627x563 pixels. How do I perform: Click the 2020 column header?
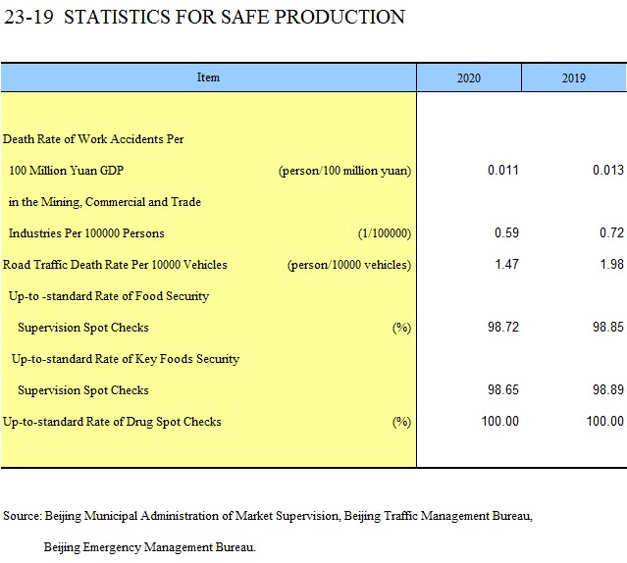coord(469,77)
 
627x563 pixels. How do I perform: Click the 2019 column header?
coord(573,77)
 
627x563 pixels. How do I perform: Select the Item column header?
coord(208,77)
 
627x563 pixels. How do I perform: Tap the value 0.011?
coord(503,171)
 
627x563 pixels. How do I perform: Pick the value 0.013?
coord(608,171)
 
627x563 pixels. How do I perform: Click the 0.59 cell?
coord(506,233)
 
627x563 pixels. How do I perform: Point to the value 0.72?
coord(612,233)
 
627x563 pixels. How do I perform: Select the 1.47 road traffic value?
coord(506,264)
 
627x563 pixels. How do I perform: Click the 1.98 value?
coord(612,264)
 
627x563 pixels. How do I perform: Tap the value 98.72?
coord(503,327)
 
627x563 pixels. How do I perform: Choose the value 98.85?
coord(608,327)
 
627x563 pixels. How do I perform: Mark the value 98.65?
coord(503,389)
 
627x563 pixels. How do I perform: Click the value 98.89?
coord(608,389)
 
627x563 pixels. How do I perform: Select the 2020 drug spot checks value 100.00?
coord(499,421)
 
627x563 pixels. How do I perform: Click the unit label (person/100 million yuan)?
coord(344,171)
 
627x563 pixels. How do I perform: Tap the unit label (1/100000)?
coord(385,233)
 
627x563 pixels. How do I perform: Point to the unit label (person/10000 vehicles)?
coord(349,265)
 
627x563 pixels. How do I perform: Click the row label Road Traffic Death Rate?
coord(115,265)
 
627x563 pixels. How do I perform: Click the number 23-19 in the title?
coord(28,18)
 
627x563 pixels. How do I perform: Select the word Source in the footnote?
coord(22,516)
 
